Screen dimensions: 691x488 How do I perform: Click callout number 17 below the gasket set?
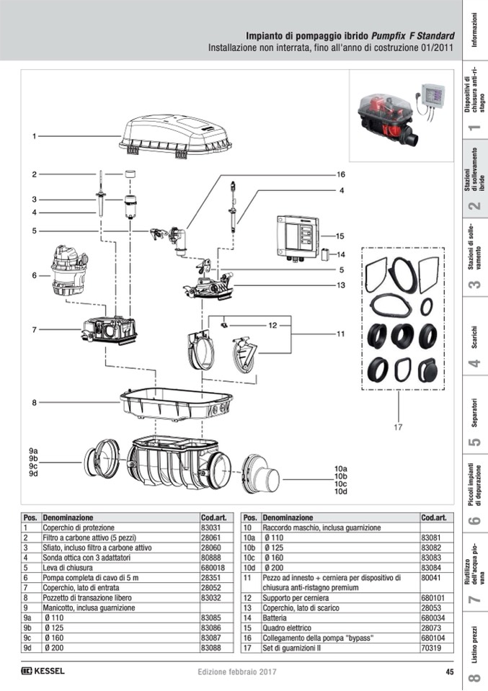397,427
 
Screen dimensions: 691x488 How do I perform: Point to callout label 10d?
341,491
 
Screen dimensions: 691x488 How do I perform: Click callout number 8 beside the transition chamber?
33,402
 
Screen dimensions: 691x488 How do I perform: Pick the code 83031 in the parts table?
210,527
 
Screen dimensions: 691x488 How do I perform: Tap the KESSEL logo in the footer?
43,672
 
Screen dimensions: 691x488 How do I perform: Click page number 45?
449,672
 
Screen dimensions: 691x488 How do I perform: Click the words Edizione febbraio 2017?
237,672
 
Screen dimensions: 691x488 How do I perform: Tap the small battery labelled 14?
325,254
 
